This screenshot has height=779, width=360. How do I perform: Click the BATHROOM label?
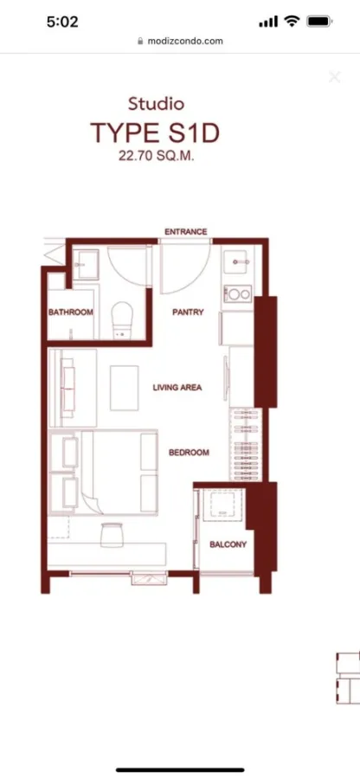tap(70, 312)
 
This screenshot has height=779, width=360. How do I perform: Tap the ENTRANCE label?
tap(186, 232)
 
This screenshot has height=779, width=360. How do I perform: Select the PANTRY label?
tap(188, 312)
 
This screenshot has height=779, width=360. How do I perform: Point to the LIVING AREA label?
tap(177, 388)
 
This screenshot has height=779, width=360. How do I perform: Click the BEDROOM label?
tap(189, 453)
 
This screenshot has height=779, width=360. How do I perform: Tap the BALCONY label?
tap(228, 544)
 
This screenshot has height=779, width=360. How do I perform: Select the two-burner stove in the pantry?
tap(238, 294)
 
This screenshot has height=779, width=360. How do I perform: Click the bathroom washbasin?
tap(86, 264)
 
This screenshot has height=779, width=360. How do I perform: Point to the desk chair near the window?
tap(112, 535)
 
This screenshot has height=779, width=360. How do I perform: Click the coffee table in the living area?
tap(124, 388)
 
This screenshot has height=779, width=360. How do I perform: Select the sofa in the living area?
tap(68, 388)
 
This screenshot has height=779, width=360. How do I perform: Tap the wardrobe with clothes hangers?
tap(246, 445)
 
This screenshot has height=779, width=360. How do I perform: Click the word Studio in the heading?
tap(156, 105)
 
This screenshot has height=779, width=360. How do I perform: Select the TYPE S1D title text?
tap(155, 133)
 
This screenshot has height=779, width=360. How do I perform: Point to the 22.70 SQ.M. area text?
tap(157, 156)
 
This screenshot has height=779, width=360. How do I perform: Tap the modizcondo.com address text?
tap(185, 42)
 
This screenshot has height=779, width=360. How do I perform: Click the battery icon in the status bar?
tap(319, 22)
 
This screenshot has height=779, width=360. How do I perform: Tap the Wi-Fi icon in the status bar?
tap(292, 21)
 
